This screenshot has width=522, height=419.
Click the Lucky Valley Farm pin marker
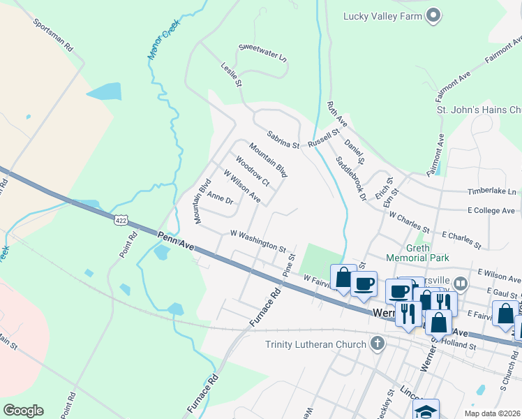[433, 15]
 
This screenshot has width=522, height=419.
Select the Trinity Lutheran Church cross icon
[378, 344]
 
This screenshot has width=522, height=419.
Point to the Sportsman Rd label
[53, 36]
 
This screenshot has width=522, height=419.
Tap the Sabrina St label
[283, 140]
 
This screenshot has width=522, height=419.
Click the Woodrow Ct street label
[252, 171]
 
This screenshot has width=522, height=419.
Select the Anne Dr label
[220, 199]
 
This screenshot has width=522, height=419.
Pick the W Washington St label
[258, 241]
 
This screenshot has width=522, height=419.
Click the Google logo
[23, 411]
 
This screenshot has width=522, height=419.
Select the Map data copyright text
[492, 413]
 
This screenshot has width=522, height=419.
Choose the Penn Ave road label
[174, 240]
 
